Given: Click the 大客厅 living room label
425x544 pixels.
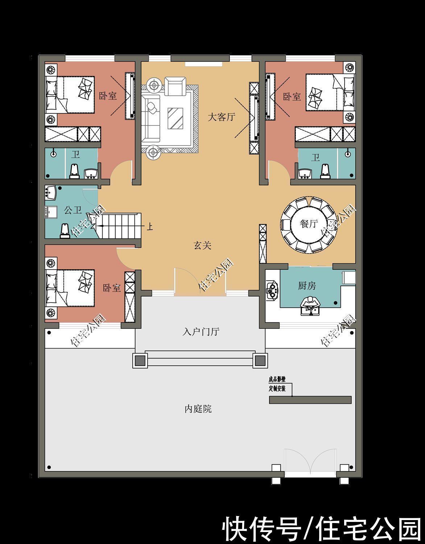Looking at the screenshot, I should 221,117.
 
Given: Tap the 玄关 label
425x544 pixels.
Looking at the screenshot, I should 202,246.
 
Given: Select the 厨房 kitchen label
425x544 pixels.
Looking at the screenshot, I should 307,286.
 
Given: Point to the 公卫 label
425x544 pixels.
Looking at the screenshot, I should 73,210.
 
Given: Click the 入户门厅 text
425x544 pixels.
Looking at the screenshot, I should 201,331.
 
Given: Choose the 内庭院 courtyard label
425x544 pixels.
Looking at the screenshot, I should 198,409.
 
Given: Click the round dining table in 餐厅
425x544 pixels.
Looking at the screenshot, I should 309,224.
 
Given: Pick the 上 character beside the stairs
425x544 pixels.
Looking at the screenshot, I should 149,227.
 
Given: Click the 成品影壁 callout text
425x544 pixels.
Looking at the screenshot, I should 277,380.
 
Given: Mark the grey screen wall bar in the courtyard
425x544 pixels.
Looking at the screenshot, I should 310,400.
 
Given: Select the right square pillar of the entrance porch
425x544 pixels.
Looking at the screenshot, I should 259,360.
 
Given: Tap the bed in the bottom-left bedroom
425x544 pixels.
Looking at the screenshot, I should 70,288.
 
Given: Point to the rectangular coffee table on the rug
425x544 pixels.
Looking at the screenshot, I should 176,118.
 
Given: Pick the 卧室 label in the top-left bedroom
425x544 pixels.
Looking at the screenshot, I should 108,96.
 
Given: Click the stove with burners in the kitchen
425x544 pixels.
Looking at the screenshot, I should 271,289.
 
